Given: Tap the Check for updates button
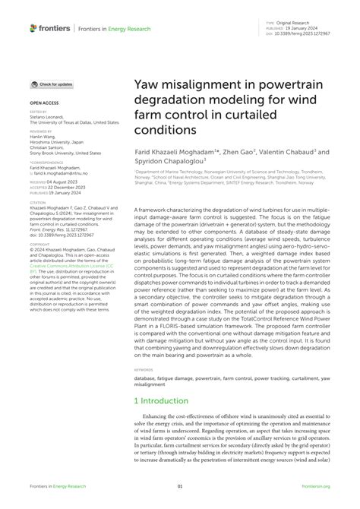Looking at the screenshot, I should coord(52,84).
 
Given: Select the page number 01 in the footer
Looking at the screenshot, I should coord(180,487).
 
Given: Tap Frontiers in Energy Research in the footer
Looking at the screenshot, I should coord(56,487).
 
